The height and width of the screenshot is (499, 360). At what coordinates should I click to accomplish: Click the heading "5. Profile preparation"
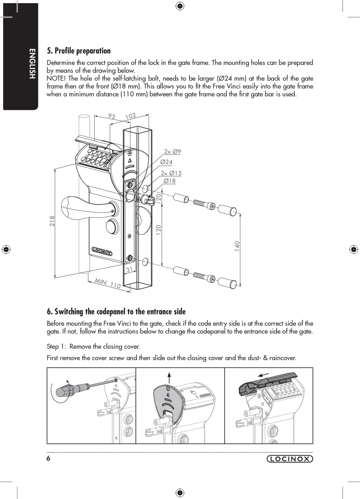(79, 51)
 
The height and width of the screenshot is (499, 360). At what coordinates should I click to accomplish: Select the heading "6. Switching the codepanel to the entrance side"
(116, 312)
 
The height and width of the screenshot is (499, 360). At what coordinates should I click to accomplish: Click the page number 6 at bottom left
(49, 459)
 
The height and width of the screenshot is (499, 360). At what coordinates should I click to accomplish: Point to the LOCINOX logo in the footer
(290, 459)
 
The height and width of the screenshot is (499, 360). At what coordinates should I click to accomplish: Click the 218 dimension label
(52, 221)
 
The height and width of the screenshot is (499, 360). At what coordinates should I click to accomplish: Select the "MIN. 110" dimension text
(108, 283)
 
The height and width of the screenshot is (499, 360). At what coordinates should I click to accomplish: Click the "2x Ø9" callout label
(172, 152)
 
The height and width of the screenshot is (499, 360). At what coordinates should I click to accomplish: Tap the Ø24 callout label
(166, 162)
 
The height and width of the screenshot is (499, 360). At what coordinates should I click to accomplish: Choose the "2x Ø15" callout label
(171, 173)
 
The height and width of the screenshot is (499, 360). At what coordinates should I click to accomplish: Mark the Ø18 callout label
(169, 181)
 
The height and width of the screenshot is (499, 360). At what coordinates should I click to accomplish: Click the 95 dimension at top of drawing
(112, 116)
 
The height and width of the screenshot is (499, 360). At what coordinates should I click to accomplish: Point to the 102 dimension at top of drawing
(130, 116)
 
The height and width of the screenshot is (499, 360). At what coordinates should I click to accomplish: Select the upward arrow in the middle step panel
(169, 377)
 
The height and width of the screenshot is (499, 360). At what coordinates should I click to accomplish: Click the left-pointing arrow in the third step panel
(264, 375)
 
